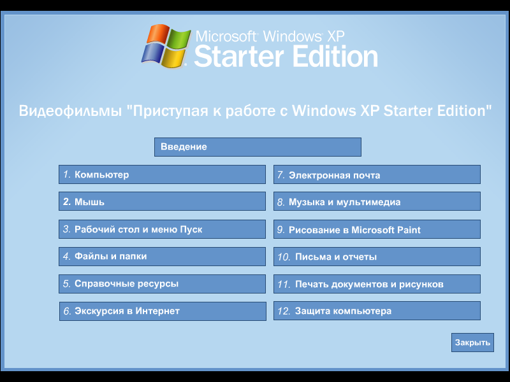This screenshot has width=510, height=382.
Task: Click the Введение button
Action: point(258,147)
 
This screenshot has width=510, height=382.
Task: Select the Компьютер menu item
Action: point(162,174)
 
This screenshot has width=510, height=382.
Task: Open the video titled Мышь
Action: point(162,202)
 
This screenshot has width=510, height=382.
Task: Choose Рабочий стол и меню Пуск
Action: point(162,229)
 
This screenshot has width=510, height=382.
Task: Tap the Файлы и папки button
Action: point(162,257)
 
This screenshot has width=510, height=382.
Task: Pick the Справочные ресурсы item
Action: point(162,284)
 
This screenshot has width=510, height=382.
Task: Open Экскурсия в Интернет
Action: point(162,311)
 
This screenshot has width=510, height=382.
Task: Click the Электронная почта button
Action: point(377,175)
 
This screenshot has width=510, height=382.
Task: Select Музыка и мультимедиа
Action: point(377,202)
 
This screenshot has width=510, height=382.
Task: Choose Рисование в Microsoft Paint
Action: point(377,230)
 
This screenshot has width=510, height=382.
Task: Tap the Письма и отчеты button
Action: point(377,257)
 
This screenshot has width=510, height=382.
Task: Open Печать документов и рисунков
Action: point(377,284)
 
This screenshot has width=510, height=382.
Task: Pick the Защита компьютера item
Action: point(377,311)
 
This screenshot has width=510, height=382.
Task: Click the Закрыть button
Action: point(472,343)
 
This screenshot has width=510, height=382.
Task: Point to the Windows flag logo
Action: point(164,46)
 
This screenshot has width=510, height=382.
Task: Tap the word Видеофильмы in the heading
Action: point(70,111)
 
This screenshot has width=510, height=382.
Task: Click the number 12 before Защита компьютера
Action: point(284,311)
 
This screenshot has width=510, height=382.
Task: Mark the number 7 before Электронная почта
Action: point(279,175)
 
